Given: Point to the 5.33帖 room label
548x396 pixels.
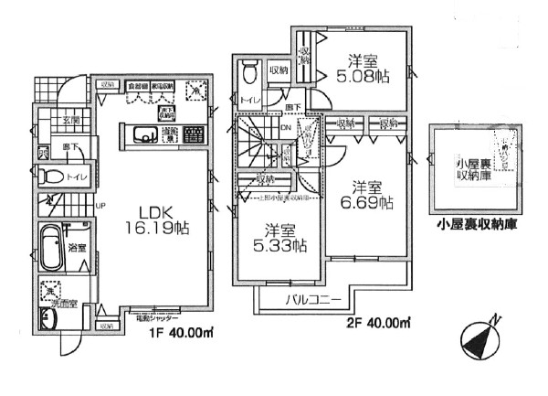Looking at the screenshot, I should pyautogui.click(x=279, y=238).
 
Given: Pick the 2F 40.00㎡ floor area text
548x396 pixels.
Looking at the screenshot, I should pyautogui.click(x=376, y=322).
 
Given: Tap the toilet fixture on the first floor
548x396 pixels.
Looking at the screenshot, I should pyautogui.click(x=52, y=177).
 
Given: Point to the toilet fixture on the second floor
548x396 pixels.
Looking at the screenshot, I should pyautogui.click(x=248, y=77).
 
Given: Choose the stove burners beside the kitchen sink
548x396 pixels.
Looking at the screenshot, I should pyautogui.click(x=192, y=137).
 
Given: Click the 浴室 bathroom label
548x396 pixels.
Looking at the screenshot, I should pyautogui.click(x=77, y=247).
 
